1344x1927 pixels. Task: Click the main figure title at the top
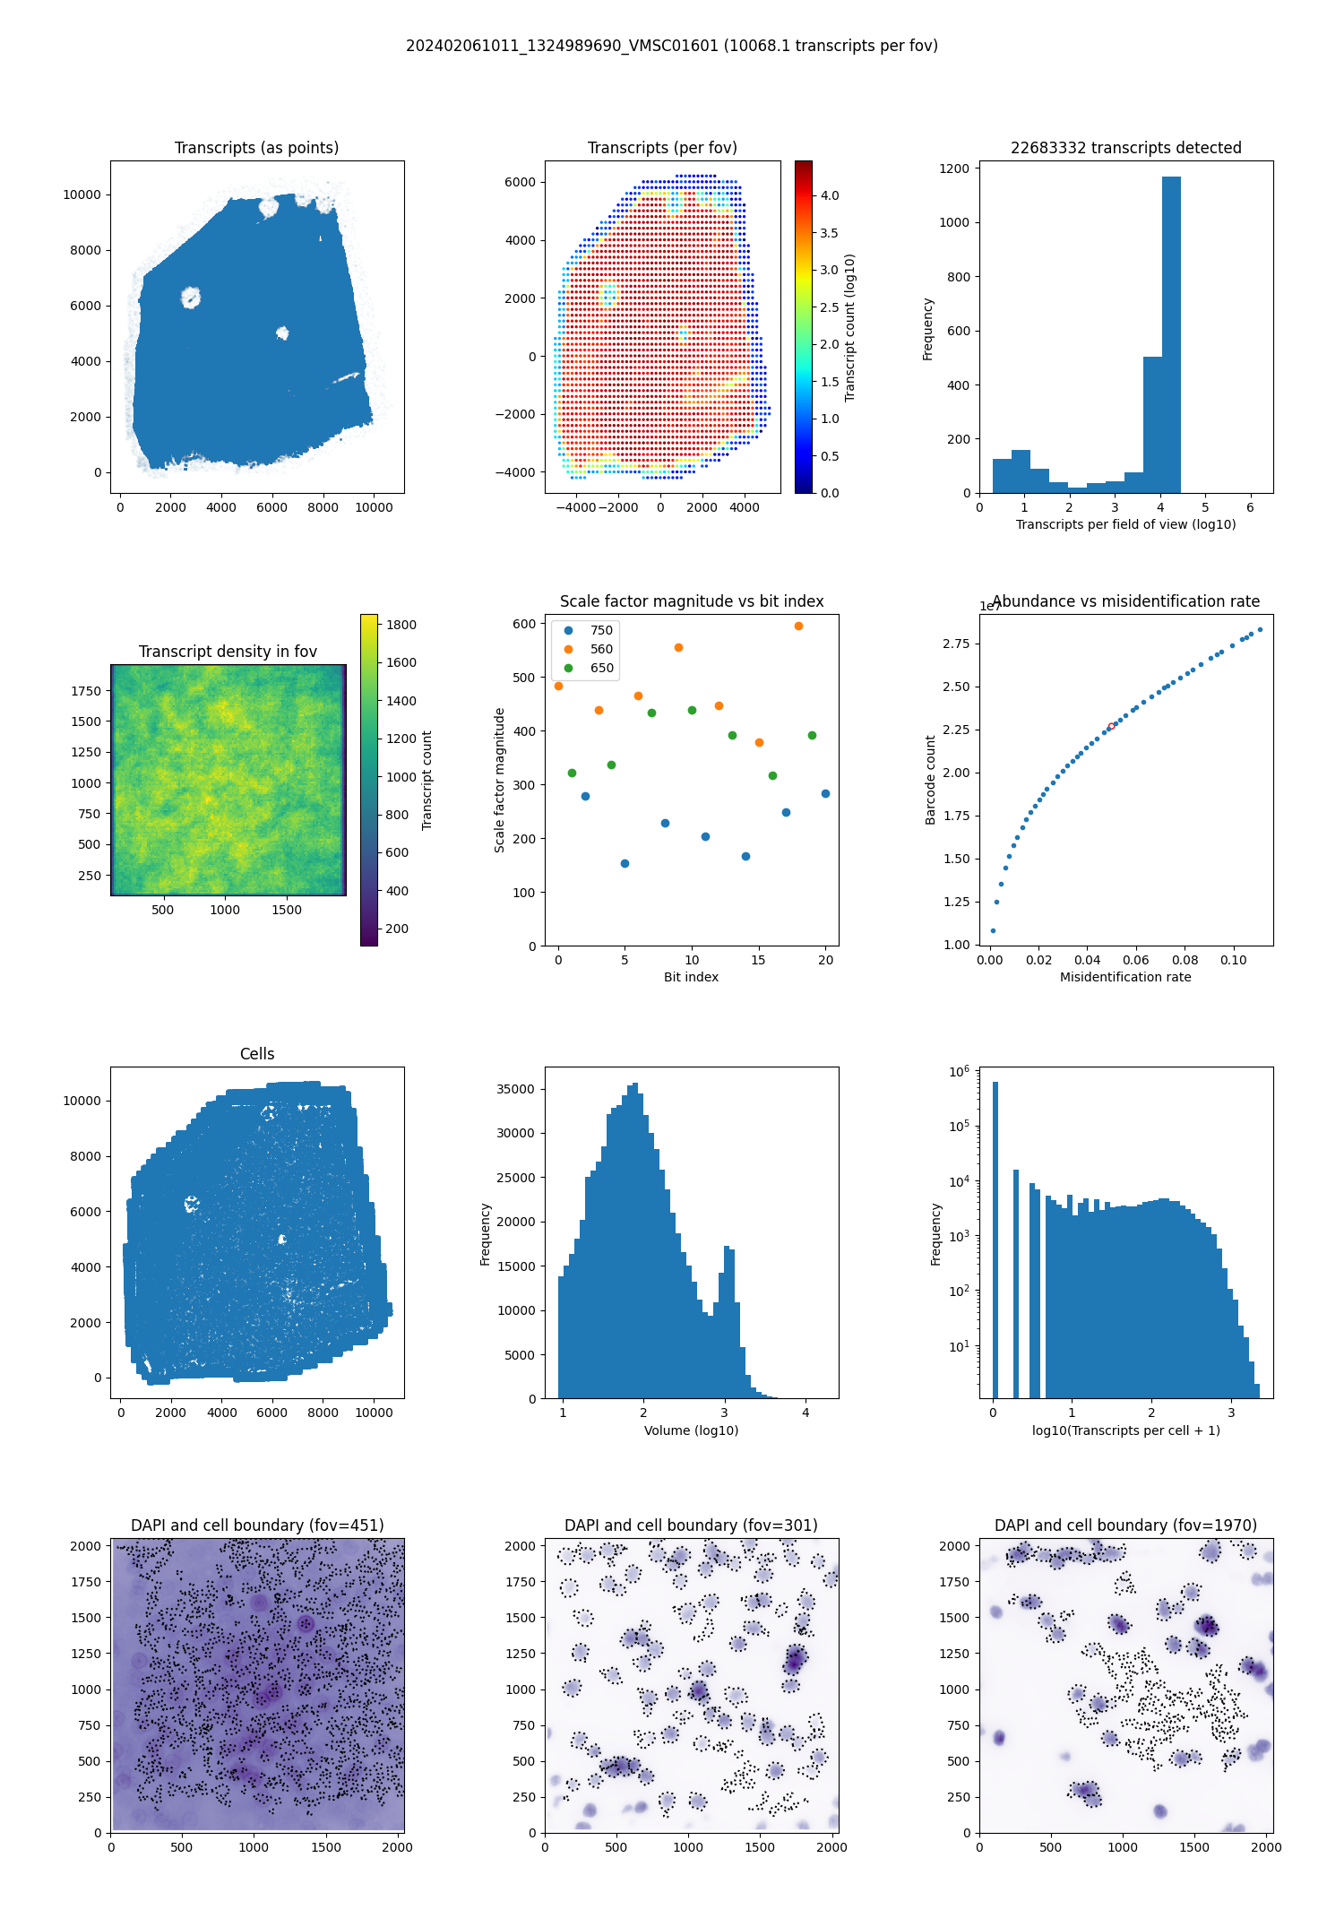672,46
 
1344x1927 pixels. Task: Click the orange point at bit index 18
798,626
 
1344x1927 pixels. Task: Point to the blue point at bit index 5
625,863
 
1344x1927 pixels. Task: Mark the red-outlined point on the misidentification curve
1111,726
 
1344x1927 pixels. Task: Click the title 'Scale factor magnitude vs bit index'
692,601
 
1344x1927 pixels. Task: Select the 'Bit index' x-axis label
691,977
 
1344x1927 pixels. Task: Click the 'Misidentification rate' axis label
1125,977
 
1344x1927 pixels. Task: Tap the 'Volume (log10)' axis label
691,1430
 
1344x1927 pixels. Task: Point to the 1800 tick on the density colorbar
401,625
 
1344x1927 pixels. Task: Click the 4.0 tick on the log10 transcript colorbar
830,195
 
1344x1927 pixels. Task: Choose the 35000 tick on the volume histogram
515,1089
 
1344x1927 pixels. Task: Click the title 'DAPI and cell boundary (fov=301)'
691,1525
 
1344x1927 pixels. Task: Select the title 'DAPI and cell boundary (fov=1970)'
1125,1525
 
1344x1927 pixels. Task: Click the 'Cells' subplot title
257,1054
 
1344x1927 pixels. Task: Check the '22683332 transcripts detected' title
1125,148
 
